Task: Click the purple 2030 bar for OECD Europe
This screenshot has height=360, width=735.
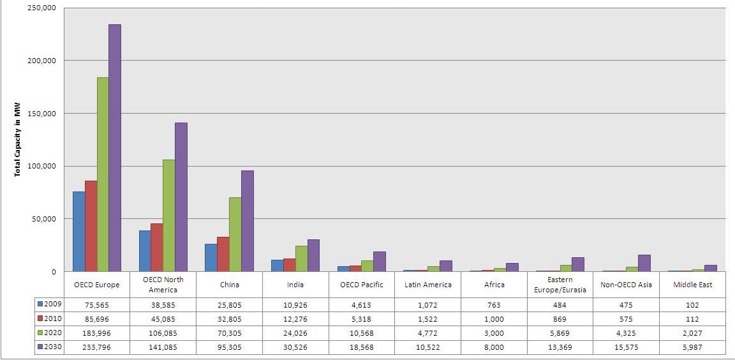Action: pos(115,148)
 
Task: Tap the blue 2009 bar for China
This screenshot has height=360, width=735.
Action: pos(211,258)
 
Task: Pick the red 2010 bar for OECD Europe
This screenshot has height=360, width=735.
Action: pos(91,226)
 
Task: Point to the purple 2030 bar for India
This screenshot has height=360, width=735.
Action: pos(313,256)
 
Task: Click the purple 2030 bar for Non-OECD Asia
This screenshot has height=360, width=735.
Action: pos(644,264)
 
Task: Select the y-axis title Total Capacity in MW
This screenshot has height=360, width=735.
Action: pos(18,139)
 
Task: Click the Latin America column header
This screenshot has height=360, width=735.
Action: pos(428,285)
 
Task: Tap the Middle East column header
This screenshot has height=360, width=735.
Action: pos(693,285)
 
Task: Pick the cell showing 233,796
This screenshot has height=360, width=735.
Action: pos(97,347)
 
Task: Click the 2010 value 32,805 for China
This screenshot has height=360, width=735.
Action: pos(230,319)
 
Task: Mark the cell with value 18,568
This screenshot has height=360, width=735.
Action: pos(362,347)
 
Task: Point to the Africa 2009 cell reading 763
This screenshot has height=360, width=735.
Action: pos(494,304)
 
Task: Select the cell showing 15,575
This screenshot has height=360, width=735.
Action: pos(627,347)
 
